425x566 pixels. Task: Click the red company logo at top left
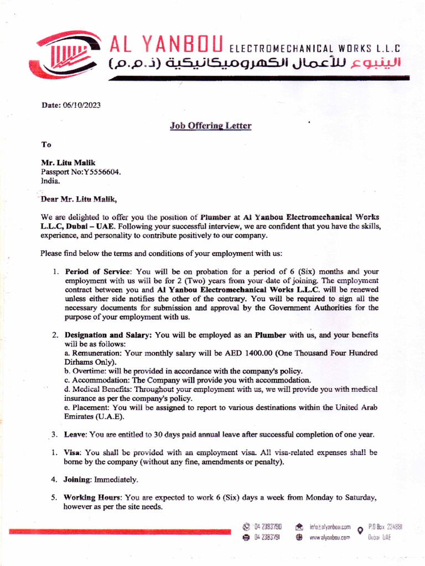pyautogui.click(x=68, y=55)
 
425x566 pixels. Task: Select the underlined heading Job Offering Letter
pyautogui.click(x=210, y=126)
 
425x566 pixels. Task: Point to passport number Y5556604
pyautogui.click(x=101, y=171)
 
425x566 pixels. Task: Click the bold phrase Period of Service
pyautogui.click(x=99, y=271)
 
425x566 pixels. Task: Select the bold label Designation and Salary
pyautogui.click(x=108, y=335)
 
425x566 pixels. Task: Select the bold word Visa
pyautogui.click(x=73, y=452)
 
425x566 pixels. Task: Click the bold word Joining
pyautogui.click(x=77, y=479)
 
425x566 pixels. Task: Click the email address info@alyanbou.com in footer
pyautogui.click(x=330, y=527)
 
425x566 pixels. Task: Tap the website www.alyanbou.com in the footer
pyautogui.click(x=330, y=537)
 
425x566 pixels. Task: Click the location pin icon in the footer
pyautogui.click(x=360, y=531)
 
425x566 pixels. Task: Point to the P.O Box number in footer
pyautogui.click(x=385, y=527)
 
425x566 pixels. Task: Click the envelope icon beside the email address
pyautogui.click(x=299, y=527)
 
